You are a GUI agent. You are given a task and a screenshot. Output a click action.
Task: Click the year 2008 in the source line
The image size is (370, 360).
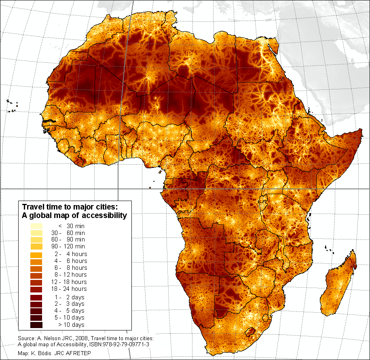click(71, 338)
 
